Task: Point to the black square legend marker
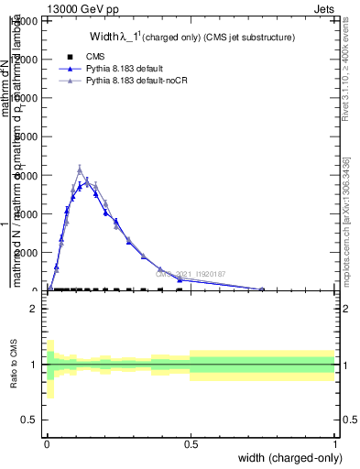[71, 57]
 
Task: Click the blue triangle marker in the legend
[71, 69]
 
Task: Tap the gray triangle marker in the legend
[71, 82]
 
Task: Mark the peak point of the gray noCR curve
[80, 169]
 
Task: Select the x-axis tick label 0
[47, 443]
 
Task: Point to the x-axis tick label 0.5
[191, 443]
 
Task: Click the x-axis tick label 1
[334, 443]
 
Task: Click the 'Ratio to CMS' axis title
[12, 365]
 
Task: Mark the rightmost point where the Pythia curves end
[263, 289]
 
